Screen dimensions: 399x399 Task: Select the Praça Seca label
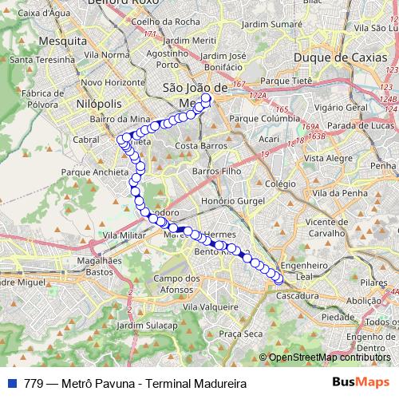(241, 334)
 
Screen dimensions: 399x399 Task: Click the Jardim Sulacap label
(148, 326)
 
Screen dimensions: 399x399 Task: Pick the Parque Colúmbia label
(264, 119)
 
